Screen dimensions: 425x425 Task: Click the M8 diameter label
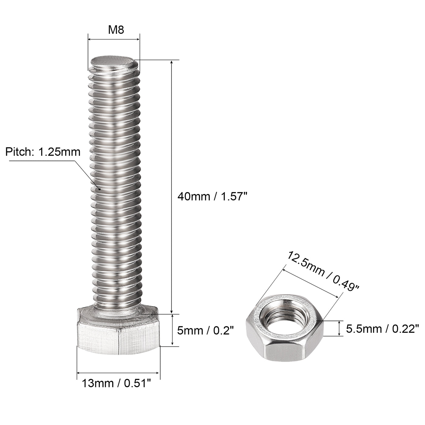point(117,30)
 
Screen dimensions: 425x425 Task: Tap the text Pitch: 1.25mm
point(43,151)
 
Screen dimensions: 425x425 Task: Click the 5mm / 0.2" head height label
point(206,330)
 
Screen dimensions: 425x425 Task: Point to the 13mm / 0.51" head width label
point(116,384)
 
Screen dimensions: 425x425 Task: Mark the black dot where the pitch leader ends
point(99,189)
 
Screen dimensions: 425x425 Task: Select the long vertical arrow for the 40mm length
point(172,187)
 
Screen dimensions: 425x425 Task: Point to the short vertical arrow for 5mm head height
point(172,330)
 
